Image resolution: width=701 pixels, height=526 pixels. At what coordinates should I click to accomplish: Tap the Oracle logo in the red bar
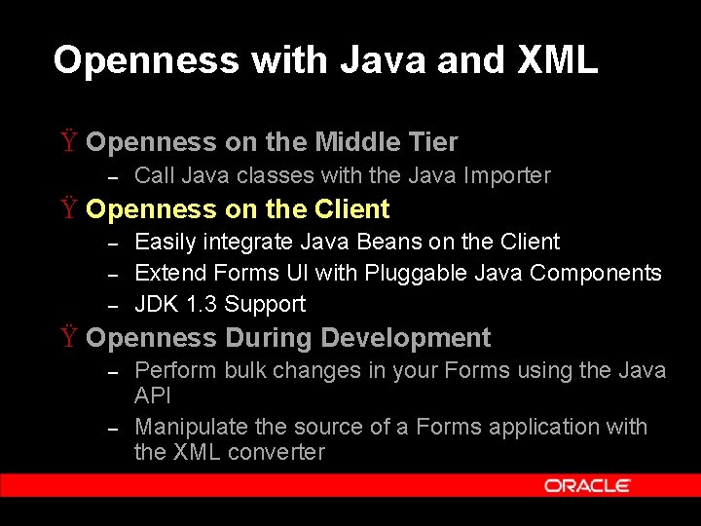pos(587,485)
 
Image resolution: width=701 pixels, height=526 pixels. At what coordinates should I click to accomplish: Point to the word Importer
pos(506,176)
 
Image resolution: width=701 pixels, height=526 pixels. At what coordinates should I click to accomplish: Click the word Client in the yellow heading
pos(351,209)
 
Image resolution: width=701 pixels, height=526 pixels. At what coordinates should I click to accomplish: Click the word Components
pos(595,274)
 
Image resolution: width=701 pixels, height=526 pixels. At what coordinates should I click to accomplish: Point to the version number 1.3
pos(203,305)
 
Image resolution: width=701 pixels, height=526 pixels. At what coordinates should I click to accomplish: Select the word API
pos(153,395)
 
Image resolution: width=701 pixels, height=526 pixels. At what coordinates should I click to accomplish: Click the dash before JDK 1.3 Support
pos(112,306)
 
